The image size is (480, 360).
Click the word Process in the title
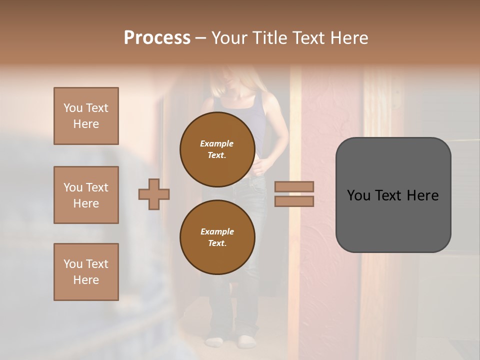point(157,38)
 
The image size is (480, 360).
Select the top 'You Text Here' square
point(86,116)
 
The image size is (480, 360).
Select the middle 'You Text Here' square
point(86,195)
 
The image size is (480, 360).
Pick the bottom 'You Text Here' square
point(86,272)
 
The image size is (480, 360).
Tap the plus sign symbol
point(154,194)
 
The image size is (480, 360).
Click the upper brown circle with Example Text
point(217,149)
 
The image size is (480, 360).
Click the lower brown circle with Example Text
point(217,237)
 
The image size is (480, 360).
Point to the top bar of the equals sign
point(294,186)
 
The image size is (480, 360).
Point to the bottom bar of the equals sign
point(294,201)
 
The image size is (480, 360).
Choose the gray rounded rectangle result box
point(393,195)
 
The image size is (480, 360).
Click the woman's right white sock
point(246,341)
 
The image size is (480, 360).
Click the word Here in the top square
point(86,124)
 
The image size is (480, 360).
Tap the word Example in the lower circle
point(217,231)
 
